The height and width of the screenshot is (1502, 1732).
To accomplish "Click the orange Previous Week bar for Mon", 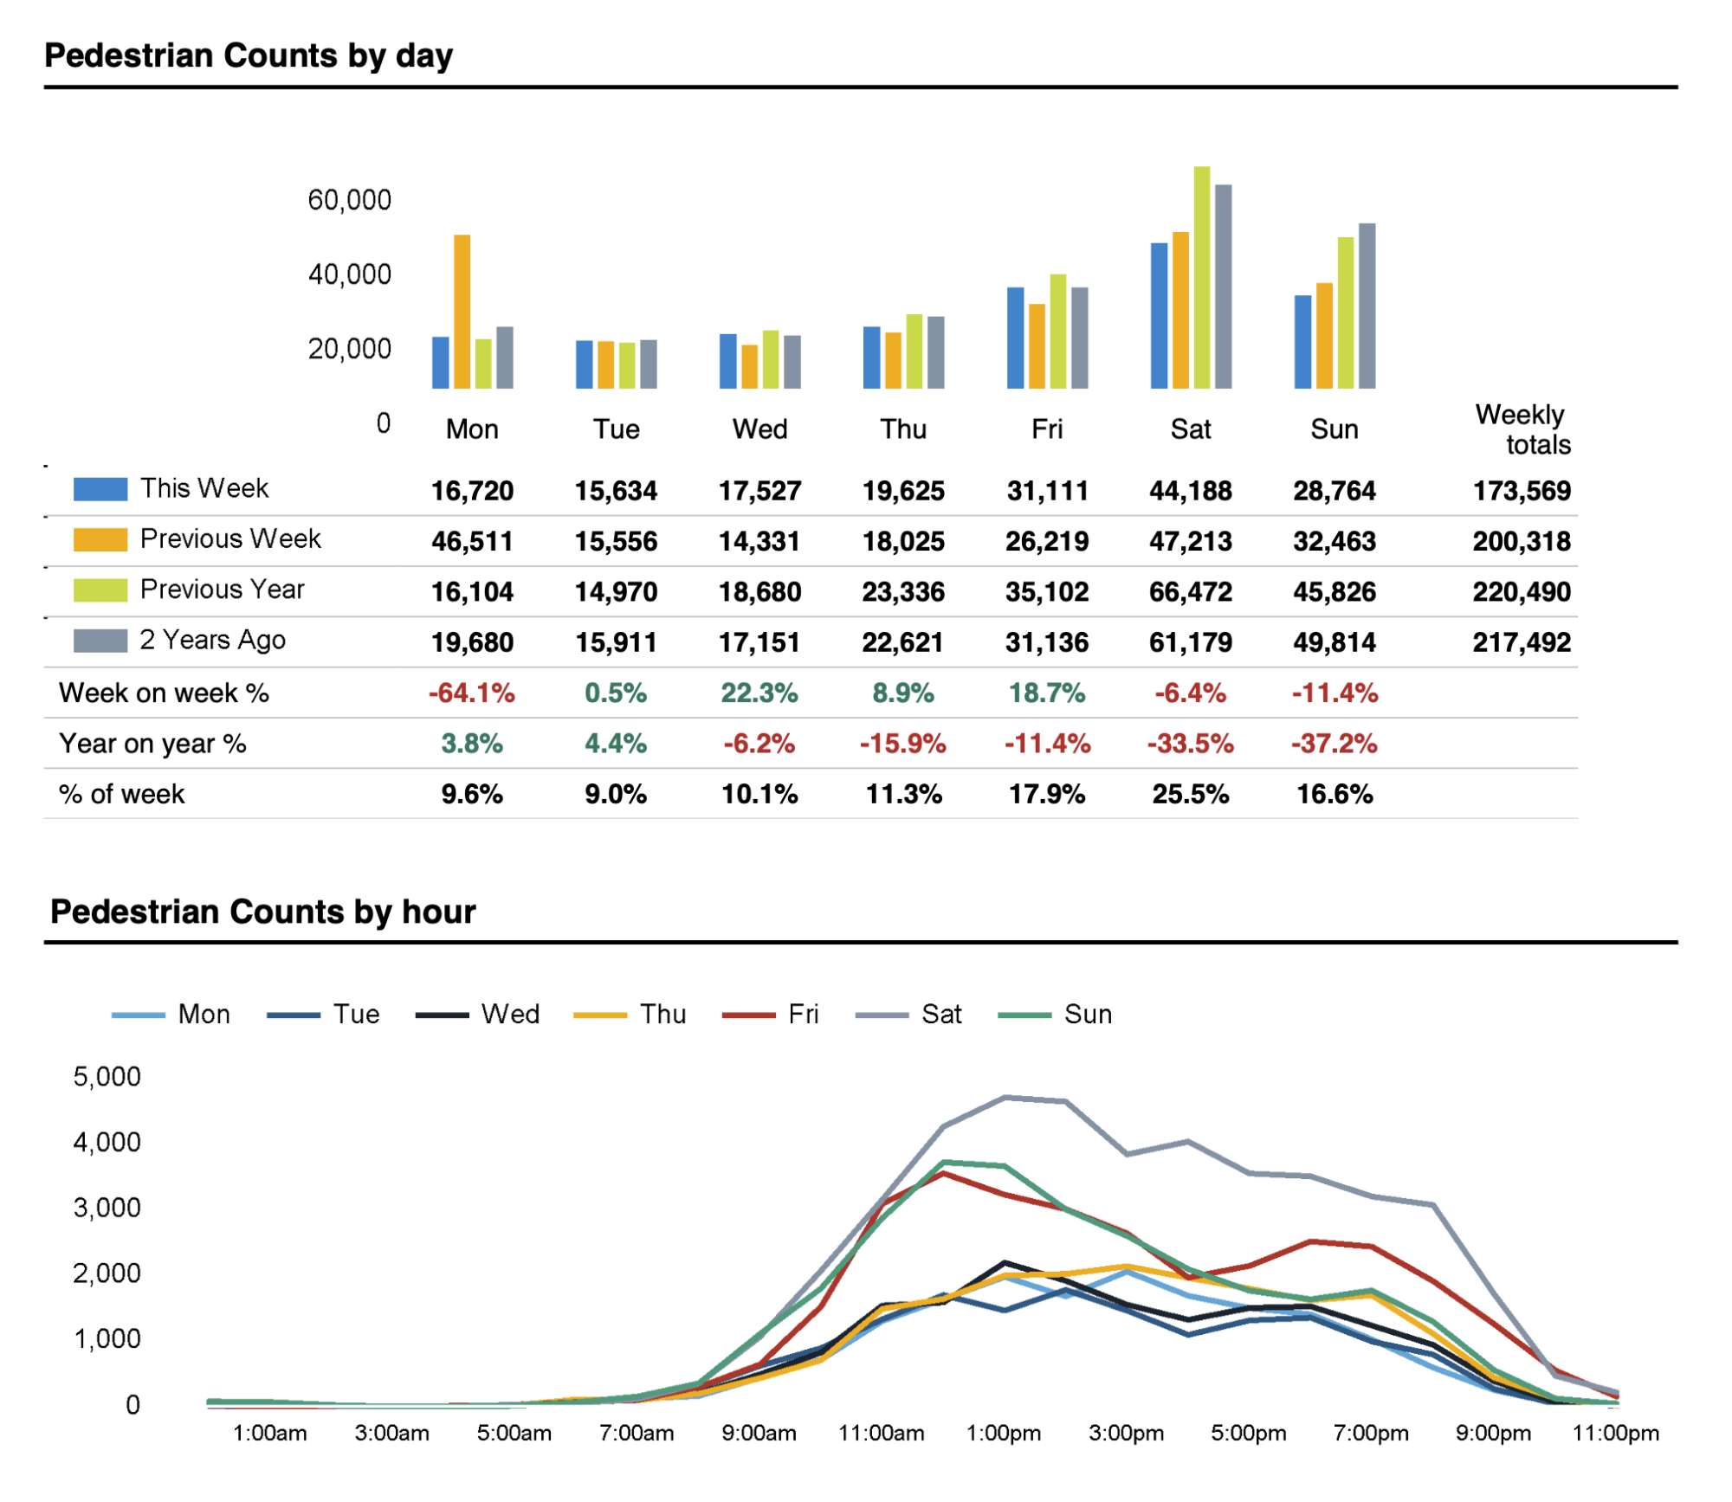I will pos(462,312).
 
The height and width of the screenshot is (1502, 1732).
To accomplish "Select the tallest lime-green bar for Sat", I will pos(1202,277).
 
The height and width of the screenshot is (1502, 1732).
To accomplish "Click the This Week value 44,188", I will pos(1191,491).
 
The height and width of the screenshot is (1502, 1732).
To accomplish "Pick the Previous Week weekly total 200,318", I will pos(1522,542).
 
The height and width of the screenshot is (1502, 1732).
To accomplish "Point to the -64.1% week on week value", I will pos(472,693).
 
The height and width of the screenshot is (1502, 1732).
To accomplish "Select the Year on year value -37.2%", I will pos(1335,744).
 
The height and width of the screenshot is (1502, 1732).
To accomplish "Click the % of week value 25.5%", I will pos(1191,795).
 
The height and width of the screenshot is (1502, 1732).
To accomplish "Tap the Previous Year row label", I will pos(223,590).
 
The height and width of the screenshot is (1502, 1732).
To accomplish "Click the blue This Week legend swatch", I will pos(100,489).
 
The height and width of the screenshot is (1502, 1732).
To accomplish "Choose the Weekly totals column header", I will pos(1522,429).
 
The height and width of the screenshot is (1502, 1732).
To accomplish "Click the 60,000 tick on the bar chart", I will pos(350,201).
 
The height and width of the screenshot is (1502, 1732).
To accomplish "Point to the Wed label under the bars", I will pos(759,429).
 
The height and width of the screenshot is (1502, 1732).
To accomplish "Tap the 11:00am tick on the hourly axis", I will pos(882,1434).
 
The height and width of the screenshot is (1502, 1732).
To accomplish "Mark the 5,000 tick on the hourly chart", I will pos(107,1077).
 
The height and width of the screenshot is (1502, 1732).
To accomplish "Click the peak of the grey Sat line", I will pos(1005,1098).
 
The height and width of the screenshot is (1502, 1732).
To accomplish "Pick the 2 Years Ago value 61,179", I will pos(1191,643).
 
